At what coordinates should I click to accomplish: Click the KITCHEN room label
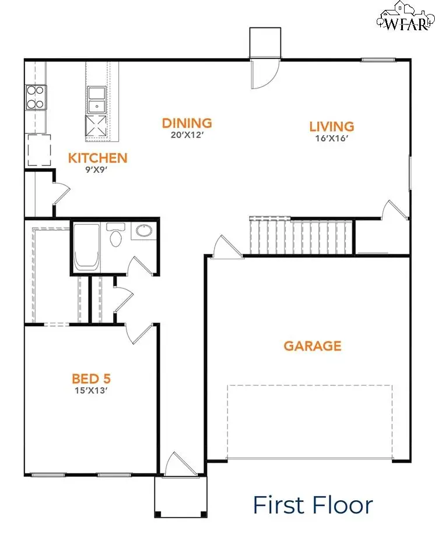coord(97,158)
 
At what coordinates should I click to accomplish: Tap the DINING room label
coord(187,123)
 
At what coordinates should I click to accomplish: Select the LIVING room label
coord(331,126)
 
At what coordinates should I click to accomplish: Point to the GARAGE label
coord(312,346)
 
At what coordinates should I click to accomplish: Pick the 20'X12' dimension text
coord(187,134)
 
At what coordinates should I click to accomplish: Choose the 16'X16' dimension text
coord(331,139)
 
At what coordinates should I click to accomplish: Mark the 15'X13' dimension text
coord(90,391)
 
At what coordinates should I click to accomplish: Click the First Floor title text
coord(313,504)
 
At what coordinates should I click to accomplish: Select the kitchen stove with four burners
coord(35,97)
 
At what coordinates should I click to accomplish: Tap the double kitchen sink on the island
coord(96,99)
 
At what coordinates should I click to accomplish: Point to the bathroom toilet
coord(115,236)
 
